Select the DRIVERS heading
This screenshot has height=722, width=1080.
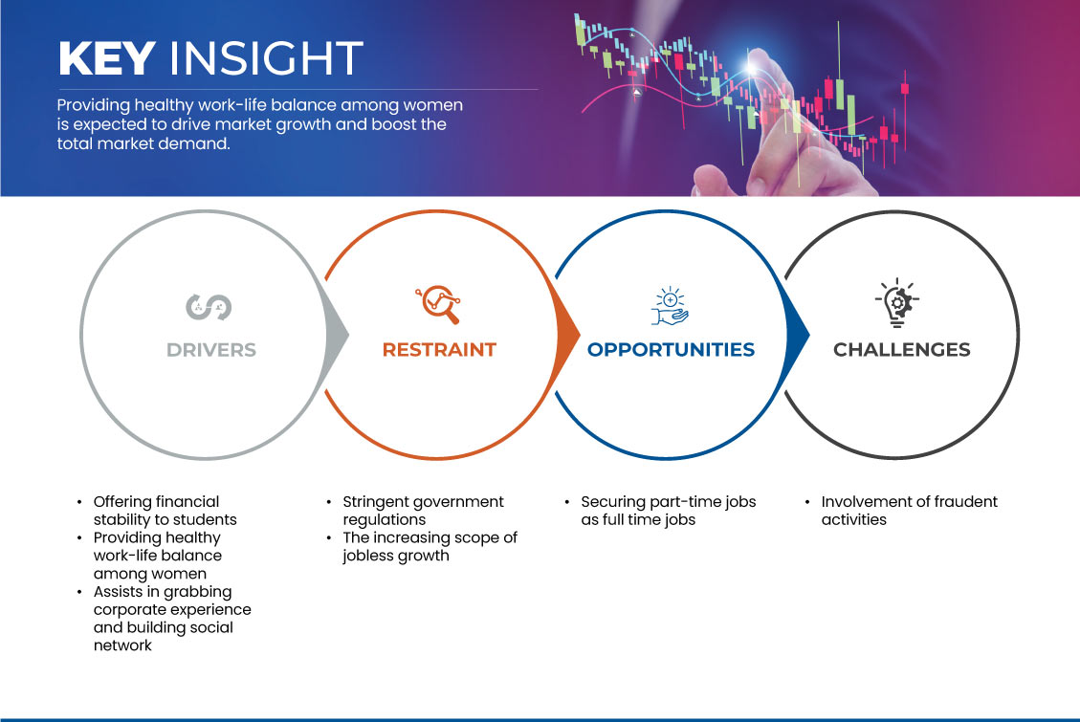pos(211,350)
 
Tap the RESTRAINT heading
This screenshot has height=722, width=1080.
pos(439,350)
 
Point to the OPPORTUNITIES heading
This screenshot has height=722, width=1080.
pos(671,350)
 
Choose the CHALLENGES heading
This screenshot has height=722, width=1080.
pos(902,350)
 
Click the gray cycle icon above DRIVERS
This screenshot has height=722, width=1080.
pos(209,307)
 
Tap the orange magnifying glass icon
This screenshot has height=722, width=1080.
pos(438,304)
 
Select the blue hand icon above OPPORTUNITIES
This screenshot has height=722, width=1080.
pos(670,306)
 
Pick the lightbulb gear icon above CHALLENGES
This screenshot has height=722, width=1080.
pos(896,302)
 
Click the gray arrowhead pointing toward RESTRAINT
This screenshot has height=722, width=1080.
pos(338,336)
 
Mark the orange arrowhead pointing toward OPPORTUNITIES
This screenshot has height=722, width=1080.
pos(568,336)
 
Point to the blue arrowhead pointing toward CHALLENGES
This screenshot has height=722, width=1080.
pos(799,336)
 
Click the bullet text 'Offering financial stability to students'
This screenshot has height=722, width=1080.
pos(165,511)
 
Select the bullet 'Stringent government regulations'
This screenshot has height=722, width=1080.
pos(424,511)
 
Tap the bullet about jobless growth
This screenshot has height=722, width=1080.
pos(430,546)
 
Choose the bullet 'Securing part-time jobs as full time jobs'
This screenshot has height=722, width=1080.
pos(668,511)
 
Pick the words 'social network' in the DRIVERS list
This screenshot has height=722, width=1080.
pos(164,637)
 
